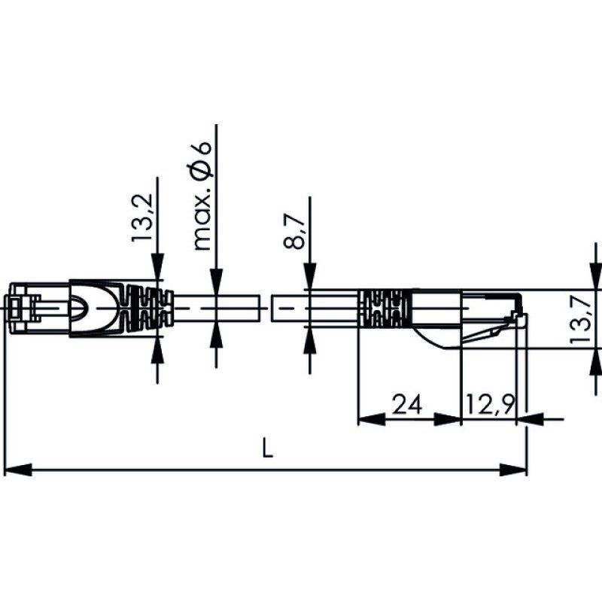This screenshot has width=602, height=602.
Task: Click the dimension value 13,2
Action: (142, 218)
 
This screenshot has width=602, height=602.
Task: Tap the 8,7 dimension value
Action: (295, 232)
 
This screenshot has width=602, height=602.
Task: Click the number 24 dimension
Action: (406, 406)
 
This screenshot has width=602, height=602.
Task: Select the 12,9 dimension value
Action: (489, 406)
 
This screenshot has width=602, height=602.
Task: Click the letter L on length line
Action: (266, 451)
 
